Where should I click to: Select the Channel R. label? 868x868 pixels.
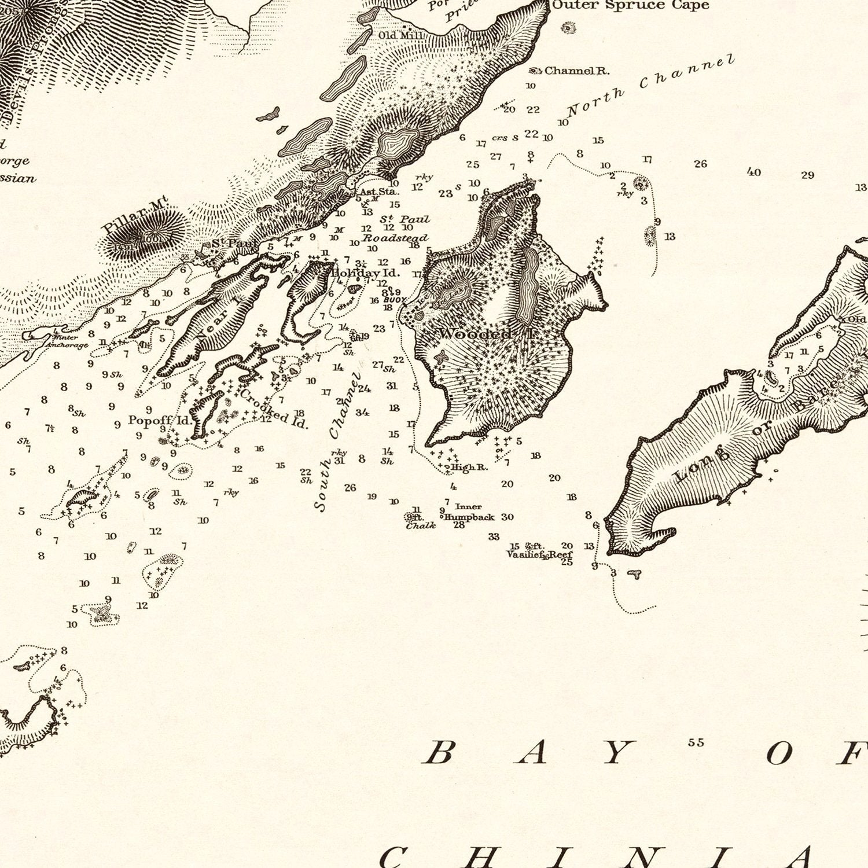[576, 71]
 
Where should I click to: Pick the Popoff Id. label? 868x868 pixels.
[159, 421]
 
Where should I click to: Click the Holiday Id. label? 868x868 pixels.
[365, 273]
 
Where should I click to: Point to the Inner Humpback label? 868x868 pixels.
[469, 512]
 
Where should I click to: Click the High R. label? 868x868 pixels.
[469, 468]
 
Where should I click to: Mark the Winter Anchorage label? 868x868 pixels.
[67, 341]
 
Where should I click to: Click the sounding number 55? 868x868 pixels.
[696, 742]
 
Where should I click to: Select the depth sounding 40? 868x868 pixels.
[753, 172]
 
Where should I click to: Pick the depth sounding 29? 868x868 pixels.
[807, 175]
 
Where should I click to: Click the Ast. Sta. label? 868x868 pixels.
[379, 192]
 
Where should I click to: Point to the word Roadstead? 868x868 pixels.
[395, 238]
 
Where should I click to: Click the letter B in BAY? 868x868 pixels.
[439, 753]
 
